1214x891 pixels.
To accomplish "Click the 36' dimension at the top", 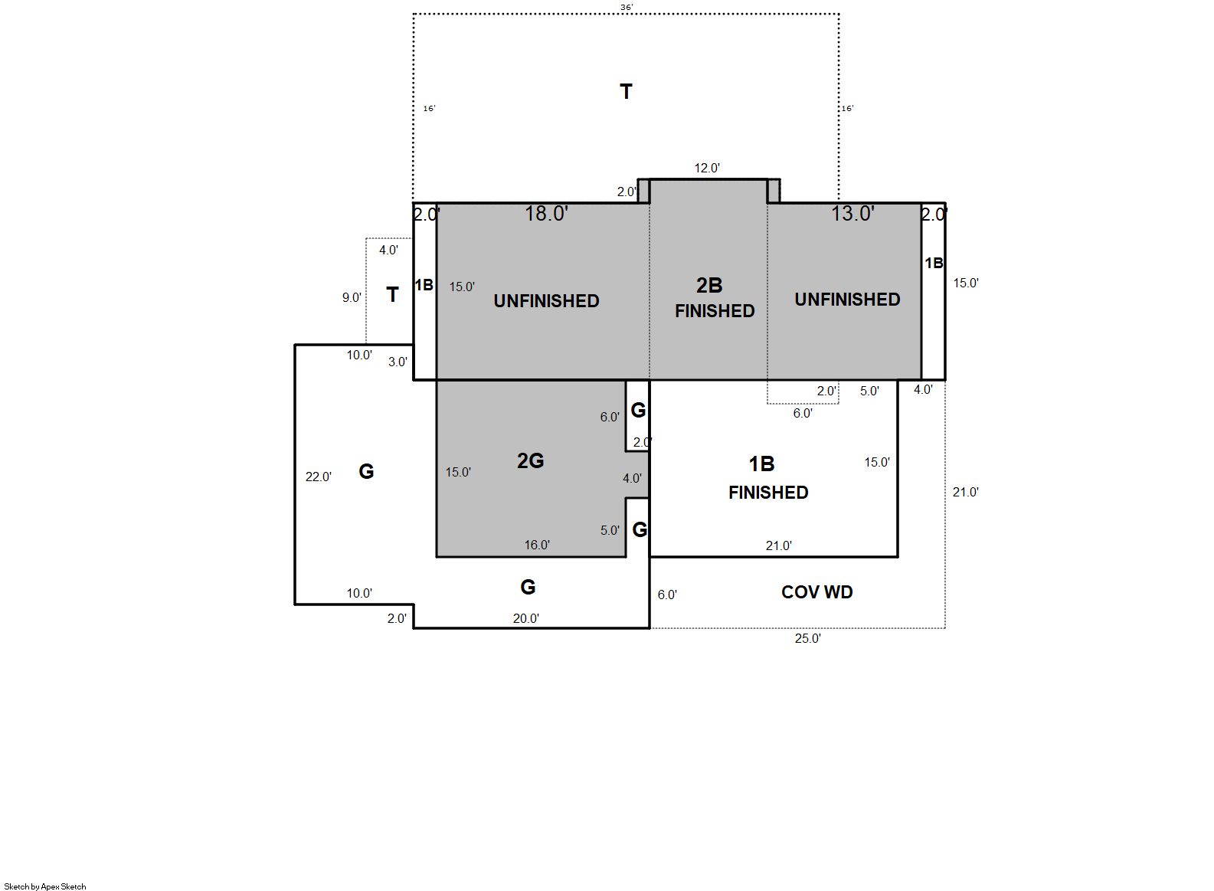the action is [x=627, y=8].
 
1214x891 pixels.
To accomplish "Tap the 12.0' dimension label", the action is [x=707, y=168].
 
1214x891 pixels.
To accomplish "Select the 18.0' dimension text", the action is [x=546, y=214].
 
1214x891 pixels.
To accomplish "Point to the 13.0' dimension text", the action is [x=853, y=214].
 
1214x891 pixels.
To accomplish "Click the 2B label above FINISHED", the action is [x=709, y=285].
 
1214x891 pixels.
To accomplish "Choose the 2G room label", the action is [x=531, y=460].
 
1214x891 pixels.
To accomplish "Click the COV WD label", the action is [x=816, y=592].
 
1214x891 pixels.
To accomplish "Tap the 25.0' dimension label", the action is [x=807, y=638].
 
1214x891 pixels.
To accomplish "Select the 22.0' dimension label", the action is [x=318, y=477].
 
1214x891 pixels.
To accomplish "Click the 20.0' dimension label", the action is [x=525, y=618].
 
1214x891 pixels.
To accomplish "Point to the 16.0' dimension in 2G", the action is [x=537, y=545].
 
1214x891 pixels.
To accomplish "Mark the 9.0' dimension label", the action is [x=352, y=297].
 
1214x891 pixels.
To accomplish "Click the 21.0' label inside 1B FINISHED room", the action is [x=778, y=545].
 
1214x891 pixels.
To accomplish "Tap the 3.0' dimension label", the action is [x=398, y=362].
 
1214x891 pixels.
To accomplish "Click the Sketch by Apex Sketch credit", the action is [x=45, y=886].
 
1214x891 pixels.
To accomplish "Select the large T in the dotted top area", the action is [x=626, y=92].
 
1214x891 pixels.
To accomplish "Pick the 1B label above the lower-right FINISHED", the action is [x=761, y=464].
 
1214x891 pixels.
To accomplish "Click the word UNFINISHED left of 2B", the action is [x=546, y=301].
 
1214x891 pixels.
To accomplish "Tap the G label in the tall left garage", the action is [x=366, y=471].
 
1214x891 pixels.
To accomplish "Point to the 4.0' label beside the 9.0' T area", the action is [x=388, y=250].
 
